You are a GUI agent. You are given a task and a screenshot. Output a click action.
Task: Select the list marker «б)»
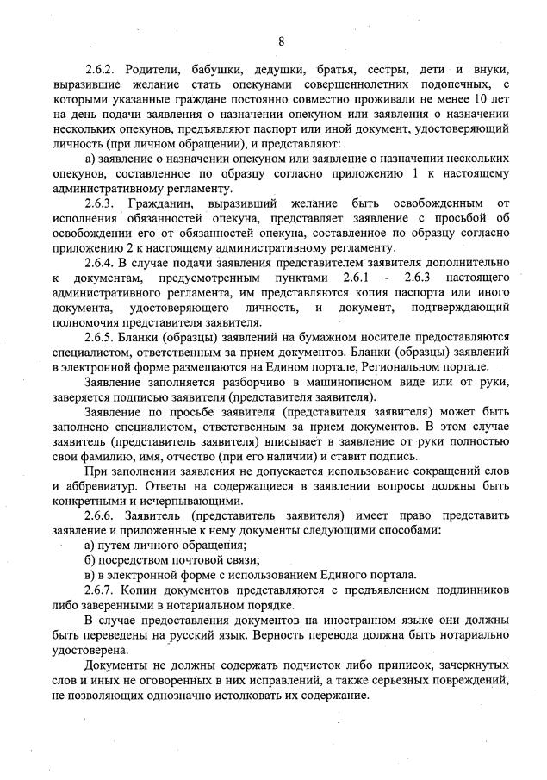point(90,561)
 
